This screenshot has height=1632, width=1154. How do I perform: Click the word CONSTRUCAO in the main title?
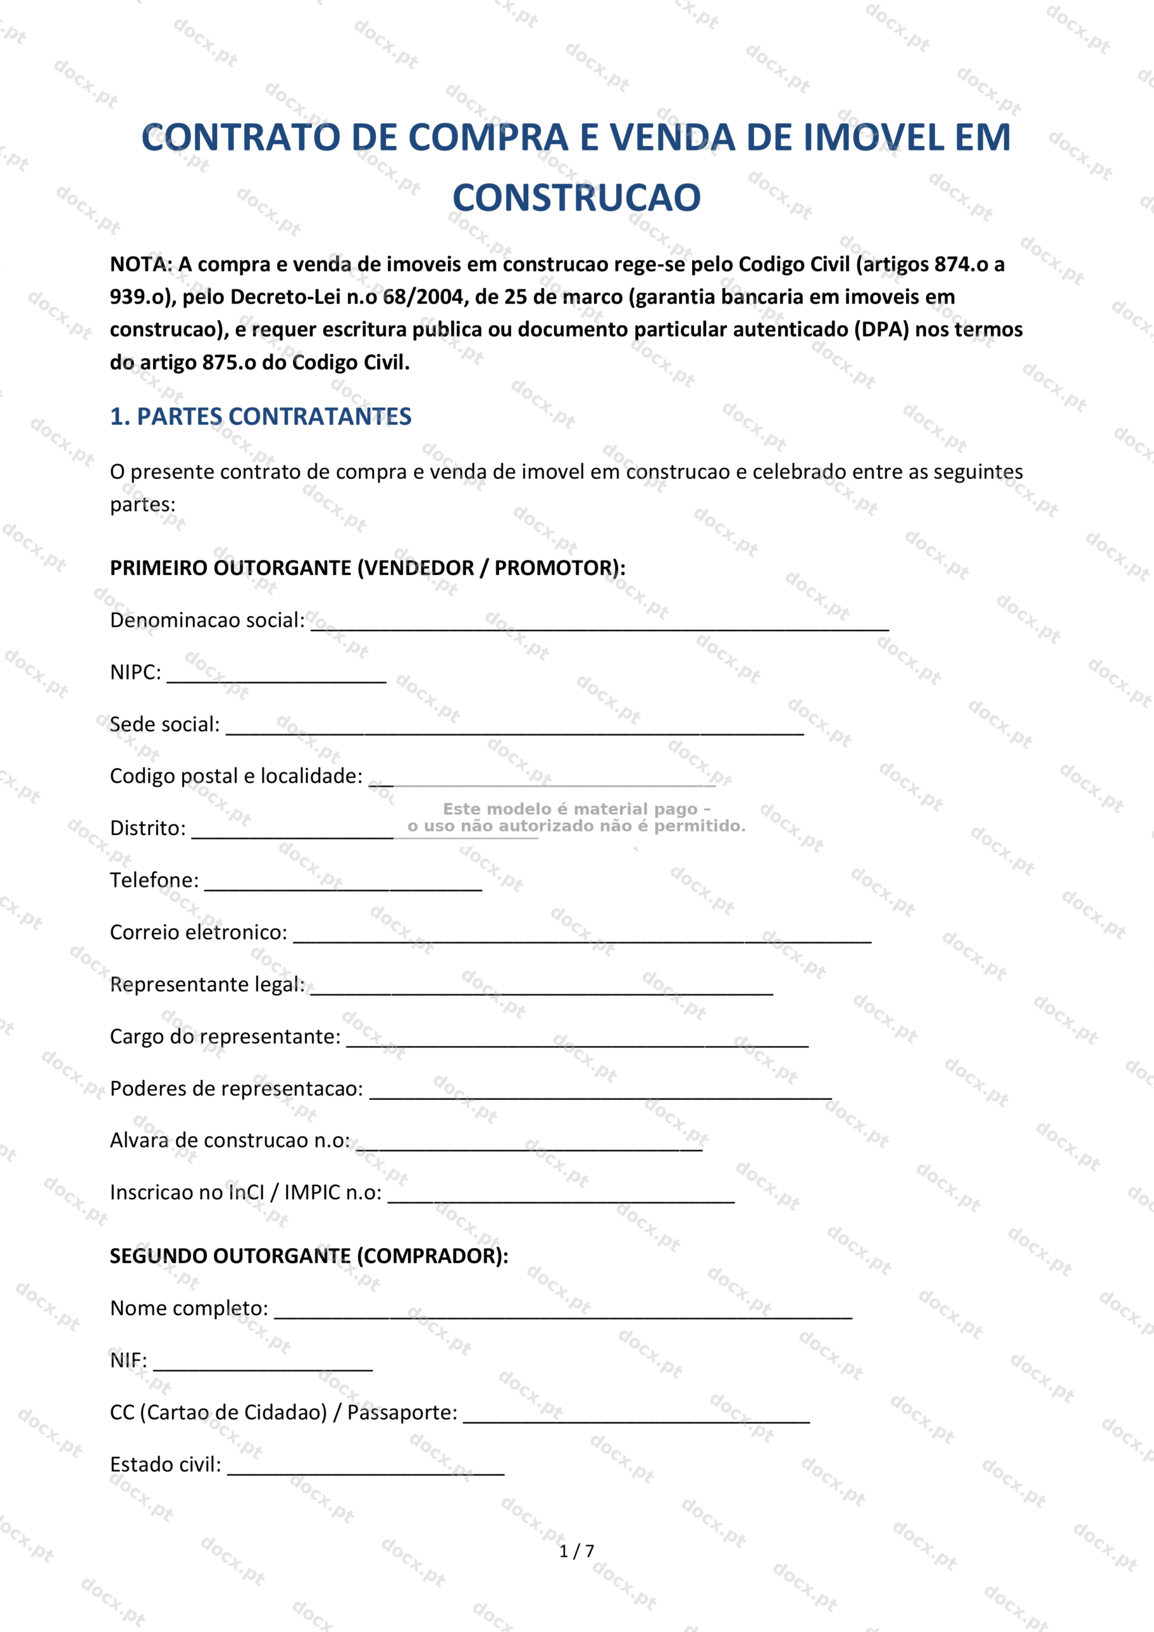(576, 198)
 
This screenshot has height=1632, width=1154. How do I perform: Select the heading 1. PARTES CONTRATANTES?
(260, 416)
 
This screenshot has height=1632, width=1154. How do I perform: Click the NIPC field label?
(135, 673)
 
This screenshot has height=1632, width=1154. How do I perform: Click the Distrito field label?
(148, 828)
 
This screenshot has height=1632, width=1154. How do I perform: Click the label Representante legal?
(207, 984)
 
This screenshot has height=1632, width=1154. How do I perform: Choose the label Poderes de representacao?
(236, 1089)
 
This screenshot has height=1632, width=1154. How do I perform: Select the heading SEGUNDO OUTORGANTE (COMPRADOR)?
(309, 1256)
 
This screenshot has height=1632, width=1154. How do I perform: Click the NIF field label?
(128, 1360)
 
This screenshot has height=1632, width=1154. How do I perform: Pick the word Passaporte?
(401, 1412)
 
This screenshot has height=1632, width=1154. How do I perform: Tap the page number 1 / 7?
(576, 1551)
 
